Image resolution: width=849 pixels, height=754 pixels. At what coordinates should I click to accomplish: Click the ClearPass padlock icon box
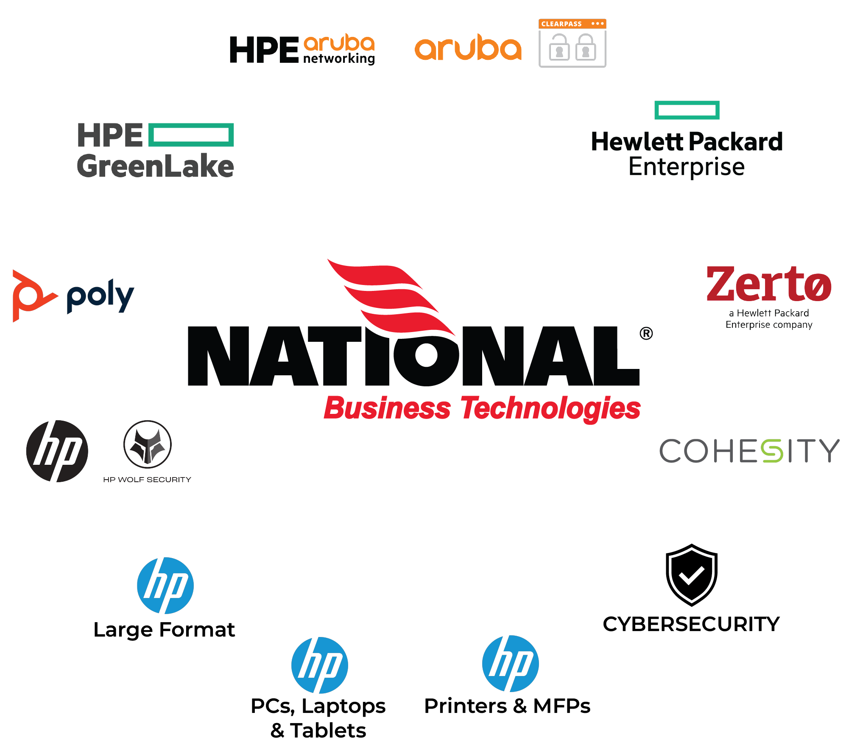[x=572, y=43]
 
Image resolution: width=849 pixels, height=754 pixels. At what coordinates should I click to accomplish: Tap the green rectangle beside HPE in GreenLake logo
[x=191, y=135]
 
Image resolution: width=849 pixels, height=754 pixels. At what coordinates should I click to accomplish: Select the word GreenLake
[x=155, y=166]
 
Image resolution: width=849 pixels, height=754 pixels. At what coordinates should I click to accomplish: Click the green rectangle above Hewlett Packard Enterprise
[x=687, y=110]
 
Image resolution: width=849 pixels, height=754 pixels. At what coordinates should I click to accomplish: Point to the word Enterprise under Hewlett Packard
[x=686, y=167]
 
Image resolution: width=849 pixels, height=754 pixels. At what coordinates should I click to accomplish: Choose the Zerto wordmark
[x=768, y=284]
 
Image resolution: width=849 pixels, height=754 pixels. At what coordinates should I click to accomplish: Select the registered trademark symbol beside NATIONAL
[x=646, y=334]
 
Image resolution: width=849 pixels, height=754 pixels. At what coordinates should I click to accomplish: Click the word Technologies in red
[x=550, y=408]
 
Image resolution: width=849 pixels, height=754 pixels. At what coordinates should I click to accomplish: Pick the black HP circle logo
[x=57, y=451]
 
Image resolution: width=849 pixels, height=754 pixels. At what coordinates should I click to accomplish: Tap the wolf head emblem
[x=148, y=444]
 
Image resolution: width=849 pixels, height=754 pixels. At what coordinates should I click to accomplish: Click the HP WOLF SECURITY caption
[x=147, y=480]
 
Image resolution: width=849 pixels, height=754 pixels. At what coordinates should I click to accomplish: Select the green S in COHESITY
[x=771, y=450]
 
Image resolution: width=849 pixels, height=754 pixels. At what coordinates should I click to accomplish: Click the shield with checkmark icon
[x=691, y=575]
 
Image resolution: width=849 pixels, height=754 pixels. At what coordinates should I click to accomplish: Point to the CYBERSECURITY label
[x=691, y=624]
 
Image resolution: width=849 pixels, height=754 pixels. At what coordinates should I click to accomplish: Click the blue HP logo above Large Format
[x=165, y=586]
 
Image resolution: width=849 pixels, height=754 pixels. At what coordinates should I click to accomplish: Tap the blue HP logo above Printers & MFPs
[x=511, y=664]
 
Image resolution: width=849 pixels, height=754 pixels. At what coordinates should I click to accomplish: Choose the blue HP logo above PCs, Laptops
[x=320, y=665]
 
